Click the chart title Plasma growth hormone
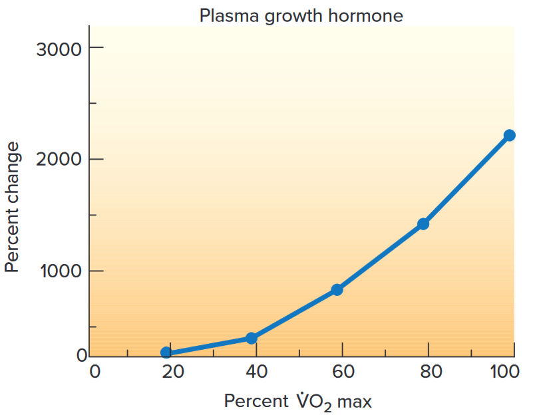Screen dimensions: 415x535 click(x=301, y=15)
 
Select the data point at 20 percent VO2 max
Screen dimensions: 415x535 click(x=166, y=352)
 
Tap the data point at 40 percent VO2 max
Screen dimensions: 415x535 click(x=251, y=338)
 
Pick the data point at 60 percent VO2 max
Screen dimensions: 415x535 click(x=337, y=289)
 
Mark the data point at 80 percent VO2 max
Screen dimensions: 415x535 click(x=423, y=223)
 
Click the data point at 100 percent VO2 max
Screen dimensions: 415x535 click(x=509, y=135)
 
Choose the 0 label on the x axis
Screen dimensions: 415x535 click(x=95, y=372)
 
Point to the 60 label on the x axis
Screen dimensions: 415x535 click(x=343, y=372)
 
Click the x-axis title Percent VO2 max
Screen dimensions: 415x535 click(x=297, y=402)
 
